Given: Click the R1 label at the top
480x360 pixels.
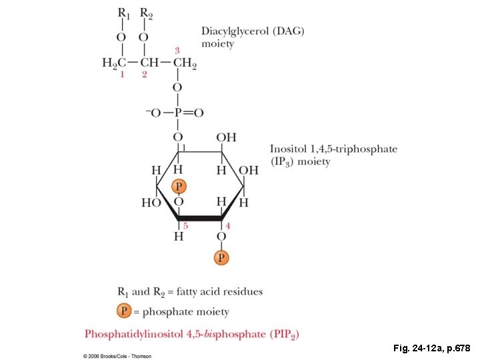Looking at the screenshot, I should click(x=123, y=13).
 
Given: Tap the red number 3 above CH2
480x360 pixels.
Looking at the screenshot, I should click(x=177, y=50).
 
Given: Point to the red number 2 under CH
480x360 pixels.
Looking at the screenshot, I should click(x=144, y=75).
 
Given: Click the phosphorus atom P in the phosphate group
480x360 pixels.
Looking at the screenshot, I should click(x=177, y=113).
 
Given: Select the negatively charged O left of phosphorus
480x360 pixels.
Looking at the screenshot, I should click(x=153, y=113).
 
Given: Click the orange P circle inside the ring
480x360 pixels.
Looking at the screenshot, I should click(x=177, y=187).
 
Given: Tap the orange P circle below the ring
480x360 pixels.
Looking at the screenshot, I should click(x=221, y=257).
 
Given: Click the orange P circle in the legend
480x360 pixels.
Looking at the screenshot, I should click(x=123, y=311).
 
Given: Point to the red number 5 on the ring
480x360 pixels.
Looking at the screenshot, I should click(x=185, y=226).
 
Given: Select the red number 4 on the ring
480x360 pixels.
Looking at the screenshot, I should click(x=227, y=226).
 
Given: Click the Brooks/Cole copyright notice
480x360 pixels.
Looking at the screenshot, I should click(x=117, y=356).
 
